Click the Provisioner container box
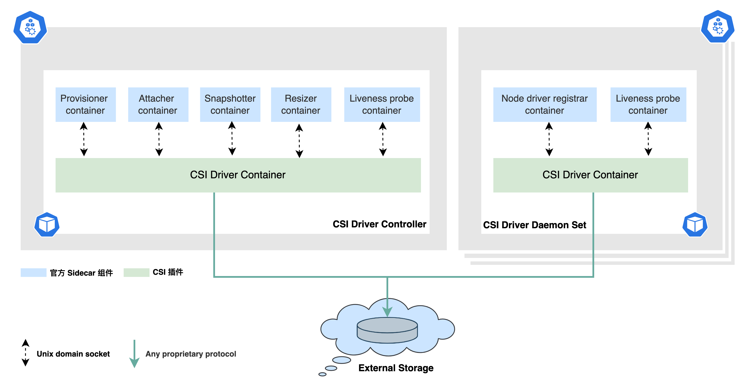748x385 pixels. (x=85, y=104)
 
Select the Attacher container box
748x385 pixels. (x=158, y=104)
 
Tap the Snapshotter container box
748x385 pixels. (x=230, y=104)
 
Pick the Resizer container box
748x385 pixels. (x=301, y=104)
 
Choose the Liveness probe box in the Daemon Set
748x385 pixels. (x=648, y=104)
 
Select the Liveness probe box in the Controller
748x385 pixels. (x=382, y=104)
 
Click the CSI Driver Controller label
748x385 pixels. (x=379, y=224)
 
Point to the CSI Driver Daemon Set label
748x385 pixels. (x=534, y=225)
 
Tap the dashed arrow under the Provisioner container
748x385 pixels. (x=84, y=139)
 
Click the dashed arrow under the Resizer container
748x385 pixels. (x=299, y=141)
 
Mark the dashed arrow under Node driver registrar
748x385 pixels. (x=549, y=139)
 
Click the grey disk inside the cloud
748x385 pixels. (x=387, y=330)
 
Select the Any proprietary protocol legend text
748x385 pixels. (x=191, y=354)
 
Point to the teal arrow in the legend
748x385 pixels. (x=134, y=354)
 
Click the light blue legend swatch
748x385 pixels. (x=33, y=272)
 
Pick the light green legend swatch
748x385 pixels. (x=136, y=272)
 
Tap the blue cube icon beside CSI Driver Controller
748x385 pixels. (x=47, y=225)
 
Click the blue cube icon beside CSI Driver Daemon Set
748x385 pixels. (x=695, y=225)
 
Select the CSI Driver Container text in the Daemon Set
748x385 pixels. (x=590, y=175)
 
